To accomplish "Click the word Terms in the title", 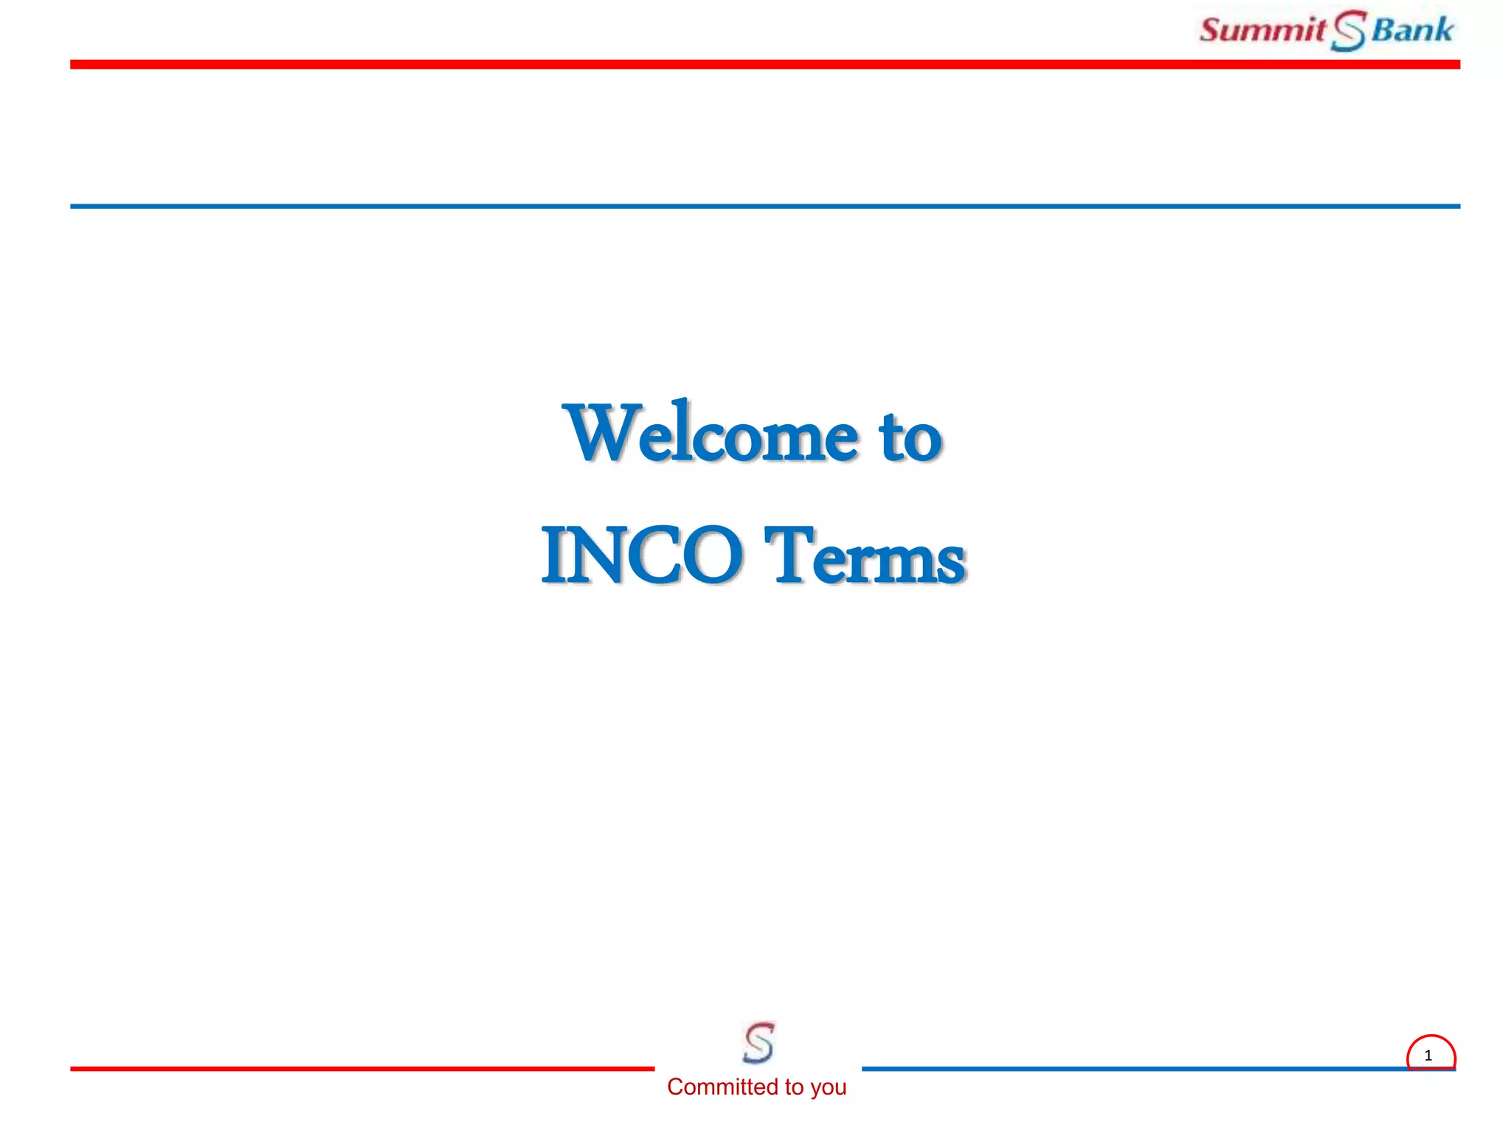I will [865, 556].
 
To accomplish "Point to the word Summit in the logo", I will [1262, 30].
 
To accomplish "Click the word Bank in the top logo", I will [1412, 30].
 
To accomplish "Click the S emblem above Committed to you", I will [758, 1042].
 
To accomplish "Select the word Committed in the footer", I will [722, 1087].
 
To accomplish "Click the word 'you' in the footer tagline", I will [828, 1087].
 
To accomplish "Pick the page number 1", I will [1428, 1056].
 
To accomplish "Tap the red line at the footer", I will [362, 1068].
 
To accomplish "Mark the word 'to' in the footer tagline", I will [794, 1087].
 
